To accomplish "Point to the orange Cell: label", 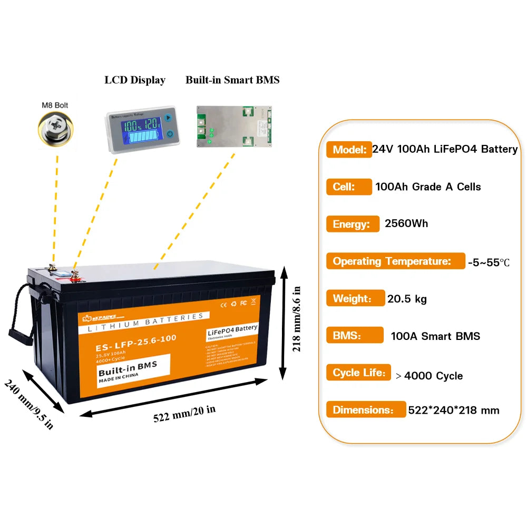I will (x=345, y=187).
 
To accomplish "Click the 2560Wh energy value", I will (x=406, y=223).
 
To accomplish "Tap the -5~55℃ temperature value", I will (x=489, y=262).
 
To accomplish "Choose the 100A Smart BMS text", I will (x=435, y=336).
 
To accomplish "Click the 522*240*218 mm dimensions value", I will (x=453, y=410).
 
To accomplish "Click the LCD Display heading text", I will (x=135, y=80).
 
